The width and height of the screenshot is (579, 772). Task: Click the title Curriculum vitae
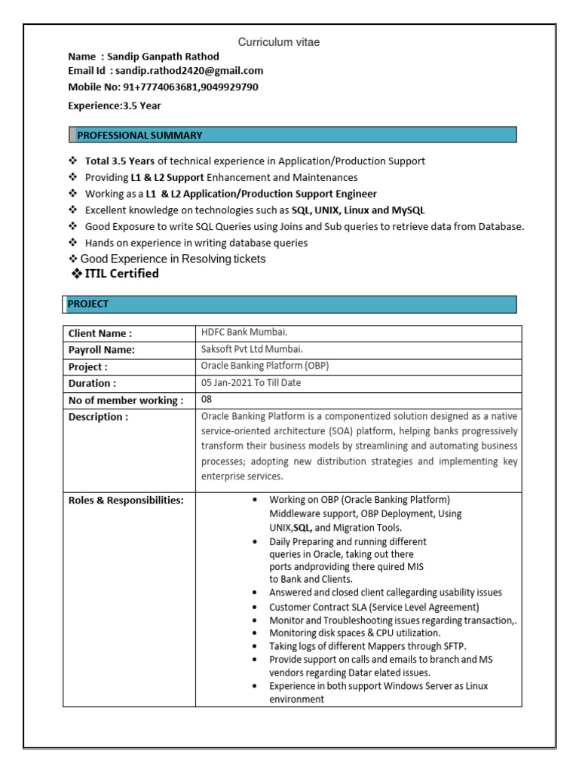pyautogui.click(x=279, y=42)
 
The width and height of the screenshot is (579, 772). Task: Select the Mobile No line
pyautogui.click(x=163, y=87)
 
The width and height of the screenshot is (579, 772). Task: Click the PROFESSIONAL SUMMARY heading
pyautogui.click(x=139, y=135)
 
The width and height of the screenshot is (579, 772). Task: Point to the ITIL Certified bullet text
pyautogui.click(x=119, y=274)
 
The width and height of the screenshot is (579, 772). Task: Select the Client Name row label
pyautogui.click(x=100, y=333)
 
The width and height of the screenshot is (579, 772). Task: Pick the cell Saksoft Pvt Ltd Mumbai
pyautogui.click(x=252, y=349)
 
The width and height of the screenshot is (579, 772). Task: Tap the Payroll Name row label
pyautogui.click(x=102, y=350)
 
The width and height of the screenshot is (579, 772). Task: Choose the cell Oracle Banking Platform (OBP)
pyautogui.click(x=265, y=366)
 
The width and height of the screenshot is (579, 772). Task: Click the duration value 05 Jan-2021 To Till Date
pyautogui.click(x=251, y=382)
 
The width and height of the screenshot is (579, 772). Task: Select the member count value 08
pyautogui.click(x=207, y=399)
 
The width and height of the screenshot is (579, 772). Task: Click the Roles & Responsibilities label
pyautogui.click(x=126, y=500)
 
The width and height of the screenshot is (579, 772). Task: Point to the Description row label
pyautogui.click(x=98, y=417)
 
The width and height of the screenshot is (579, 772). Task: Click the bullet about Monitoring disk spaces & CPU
pyautogui.click(x=356, y=633)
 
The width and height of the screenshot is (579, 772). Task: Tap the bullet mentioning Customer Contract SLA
pyautogui.click(x=374, y=607)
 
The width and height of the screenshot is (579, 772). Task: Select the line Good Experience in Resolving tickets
pyautogui.click(x=173, y=259)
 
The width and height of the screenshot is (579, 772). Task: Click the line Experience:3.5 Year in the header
pyautogui.click(x=115, y=106)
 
